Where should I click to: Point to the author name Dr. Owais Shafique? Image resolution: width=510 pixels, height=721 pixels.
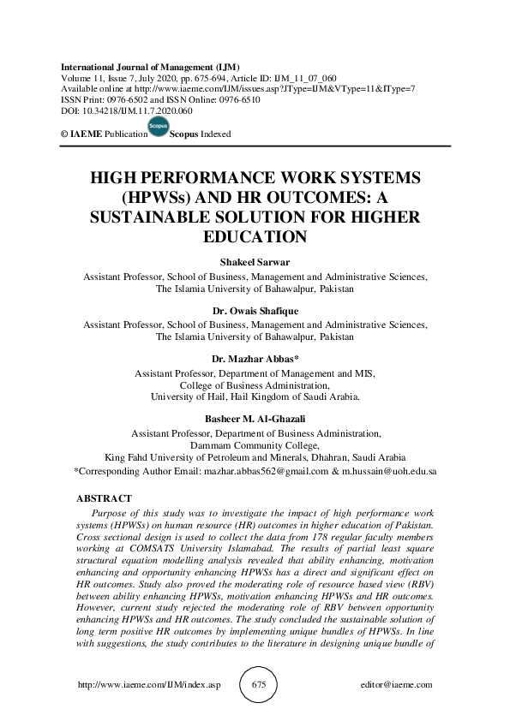[x=255, y=312]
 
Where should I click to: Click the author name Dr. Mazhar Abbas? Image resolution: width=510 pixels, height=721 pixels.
[x=254, y=360]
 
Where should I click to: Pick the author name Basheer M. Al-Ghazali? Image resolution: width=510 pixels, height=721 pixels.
[x=255, y=419]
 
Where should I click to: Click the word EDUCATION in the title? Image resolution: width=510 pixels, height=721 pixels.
[x=255, y=236]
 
